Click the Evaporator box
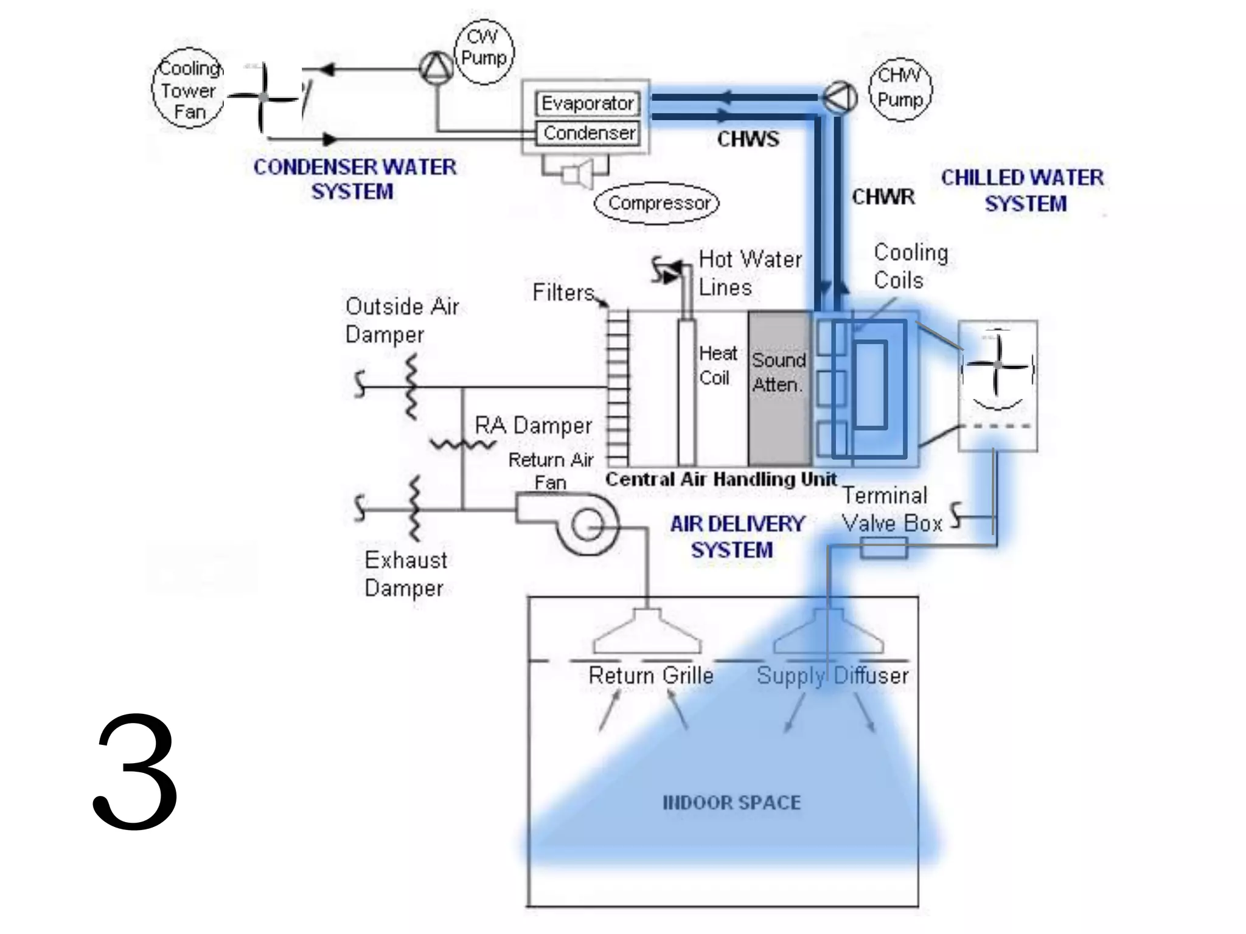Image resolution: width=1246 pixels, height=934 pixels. point(587,103)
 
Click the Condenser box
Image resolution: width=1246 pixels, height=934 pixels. point(588,133)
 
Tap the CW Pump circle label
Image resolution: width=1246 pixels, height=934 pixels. point(484,49)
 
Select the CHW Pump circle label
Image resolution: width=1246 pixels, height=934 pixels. point(900,89)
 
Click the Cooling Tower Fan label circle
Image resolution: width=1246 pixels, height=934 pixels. point(188,89)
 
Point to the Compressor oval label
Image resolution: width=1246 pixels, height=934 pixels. point(657,203)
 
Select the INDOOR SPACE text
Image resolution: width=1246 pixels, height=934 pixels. point(731,803)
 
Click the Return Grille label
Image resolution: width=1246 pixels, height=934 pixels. point(650,676)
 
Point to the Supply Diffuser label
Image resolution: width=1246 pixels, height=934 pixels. point(832,676)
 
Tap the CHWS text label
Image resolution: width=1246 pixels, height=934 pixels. point(748,139)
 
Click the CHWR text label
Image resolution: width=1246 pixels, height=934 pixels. point(883,197)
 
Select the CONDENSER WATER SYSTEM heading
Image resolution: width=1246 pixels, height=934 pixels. point(354,179)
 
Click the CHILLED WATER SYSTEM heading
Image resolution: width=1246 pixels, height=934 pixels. point(1023,190)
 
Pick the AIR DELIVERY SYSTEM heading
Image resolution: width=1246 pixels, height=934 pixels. point(736,536)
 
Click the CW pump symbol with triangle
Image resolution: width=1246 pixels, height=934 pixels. point(436,69)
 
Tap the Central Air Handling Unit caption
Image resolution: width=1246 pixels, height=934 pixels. point(721,479)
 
